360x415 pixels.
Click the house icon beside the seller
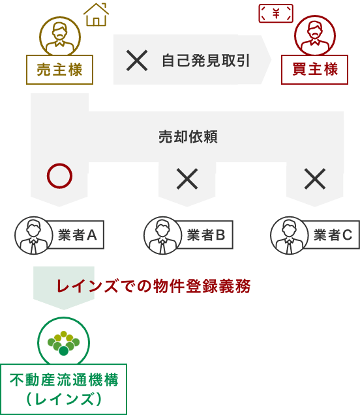96,14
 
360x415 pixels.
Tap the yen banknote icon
276,13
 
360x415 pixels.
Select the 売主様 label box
59,70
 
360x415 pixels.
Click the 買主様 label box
314,69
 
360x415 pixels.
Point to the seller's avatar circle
60,36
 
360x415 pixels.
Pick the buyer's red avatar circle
315,35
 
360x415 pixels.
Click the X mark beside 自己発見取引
137,61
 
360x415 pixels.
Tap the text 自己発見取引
205,61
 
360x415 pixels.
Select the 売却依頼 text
188,137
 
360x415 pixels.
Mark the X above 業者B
187,179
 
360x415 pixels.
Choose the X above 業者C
315,179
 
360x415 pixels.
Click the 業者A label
77,235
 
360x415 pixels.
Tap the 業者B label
206,235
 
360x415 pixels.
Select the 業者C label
333,235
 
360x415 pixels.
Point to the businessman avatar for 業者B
162,236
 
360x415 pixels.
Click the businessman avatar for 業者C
290,236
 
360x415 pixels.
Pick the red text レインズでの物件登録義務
154,286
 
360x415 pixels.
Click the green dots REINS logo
63,343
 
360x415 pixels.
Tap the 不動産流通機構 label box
63,389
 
